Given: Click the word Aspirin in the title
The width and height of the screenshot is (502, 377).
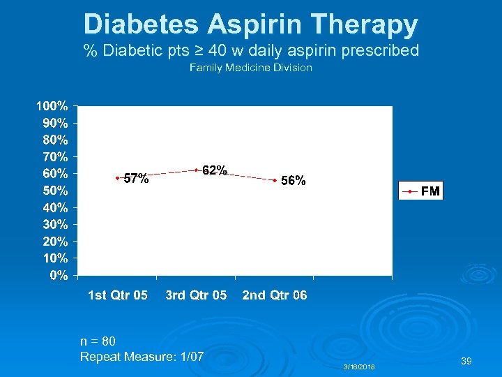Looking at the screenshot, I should click(x=261, y=24).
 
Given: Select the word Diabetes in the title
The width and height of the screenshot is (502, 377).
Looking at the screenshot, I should click(x=142, y=24).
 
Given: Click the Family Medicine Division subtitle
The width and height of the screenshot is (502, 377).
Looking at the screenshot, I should click(x=251, y=68).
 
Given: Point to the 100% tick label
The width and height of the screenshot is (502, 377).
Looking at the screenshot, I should click(x=52, y=107).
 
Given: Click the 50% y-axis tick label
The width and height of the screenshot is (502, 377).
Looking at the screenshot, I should click(x=55, y=191).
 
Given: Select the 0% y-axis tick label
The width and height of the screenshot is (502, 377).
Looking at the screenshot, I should click(x=59, y=275).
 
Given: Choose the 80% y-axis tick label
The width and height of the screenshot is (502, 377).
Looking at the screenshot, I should click(x=55, y=140).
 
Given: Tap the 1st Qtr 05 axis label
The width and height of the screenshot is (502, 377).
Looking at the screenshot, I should click(x=118, y=295).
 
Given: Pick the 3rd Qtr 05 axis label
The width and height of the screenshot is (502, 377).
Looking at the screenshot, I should click(x=196, y=295).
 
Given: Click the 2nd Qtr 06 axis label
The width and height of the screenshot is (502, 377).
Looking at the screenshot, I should click(x=275, y=295).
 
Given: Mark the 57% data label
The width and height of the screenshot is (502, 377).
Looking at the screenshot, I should click(x=136, y=179).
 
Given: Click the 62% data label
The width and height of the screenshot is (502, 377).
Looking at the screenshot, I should click(x=214, y=170).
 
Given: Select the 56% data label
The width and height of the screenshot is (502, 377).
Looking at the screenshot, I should click(x=292, y=180).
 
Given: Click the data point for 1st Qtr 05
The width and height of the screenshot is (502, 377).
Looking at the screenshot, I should click(x=117, y=178).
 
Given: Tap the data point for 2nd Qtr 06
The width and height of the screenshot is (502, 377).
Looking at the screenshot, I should click(x=275, y=180).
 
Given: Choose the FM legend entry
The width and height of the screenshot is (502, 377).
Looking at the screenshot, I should click(x=420, y=191).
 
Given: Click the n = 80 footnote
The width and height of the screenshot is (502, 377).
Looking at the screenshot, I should click(x=98, y=341).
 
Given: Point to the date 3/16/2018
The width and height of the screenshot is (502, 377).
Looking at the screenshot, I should click(x=359, y=367).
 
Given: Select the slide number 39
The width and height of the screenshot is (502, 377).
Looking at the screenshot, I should click(x=466, y=361).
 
